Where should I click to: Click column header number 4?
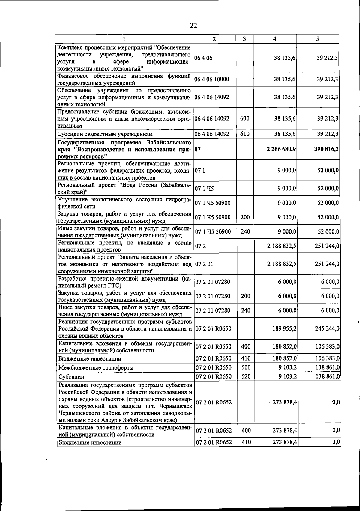pyautogui.click(x=275, y=39)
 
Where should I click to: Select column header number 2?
pyautogui.click(x=214, y=39)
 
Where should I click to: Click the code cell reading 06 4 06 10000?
pyautogui.click(x=212, y=79)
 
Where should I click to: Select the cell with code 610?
pyautogui.click(x=245, y=134)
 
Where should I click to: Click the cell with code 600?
pyautogui.click(x=245, y=119)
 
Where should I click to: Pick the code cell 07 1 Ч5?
pyautogui.click(x=204, y=189)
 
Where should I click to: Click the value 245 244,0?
pyautogui.click(x=327, y=328)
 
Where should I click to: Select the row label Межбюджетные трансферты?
pyautogui.click(x=96, y=368)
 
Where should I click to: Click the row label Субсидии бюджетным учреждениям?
pyautogui.click(x=105, y=134)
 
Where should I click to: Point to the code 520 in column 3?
pyautogui.click(x=246, y=376)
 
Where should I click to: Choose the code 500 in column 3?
pyautogui.click(x=246, y=367)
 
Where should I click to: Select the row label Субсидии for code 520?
pyautogui.click(x=71, y=377)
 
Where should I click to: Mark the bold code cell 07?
pyautogui.click(x=197, y=149)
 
